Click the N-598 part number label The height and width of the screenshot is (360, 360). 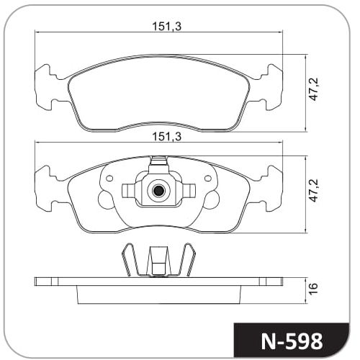coord(292,341)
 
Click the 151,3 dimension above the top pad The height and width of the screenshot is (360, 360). coord(167,27)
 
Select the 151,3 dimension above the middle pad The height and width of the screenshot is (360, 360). coord(167,137)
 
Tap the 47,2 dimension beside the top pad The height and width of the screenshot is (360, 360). coord(313,89)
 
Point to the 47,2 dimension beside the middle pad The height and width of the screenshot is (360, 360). coord(313,190)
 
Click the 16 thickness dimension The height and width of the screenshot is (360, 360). coord(313,288)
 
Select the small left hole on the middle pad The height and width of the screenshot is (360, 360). coord(109,179)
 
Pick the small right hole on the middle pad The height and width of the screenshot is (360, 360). coord(208,179)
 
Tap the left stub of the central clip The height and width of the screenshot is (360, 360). coord(128,191)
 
